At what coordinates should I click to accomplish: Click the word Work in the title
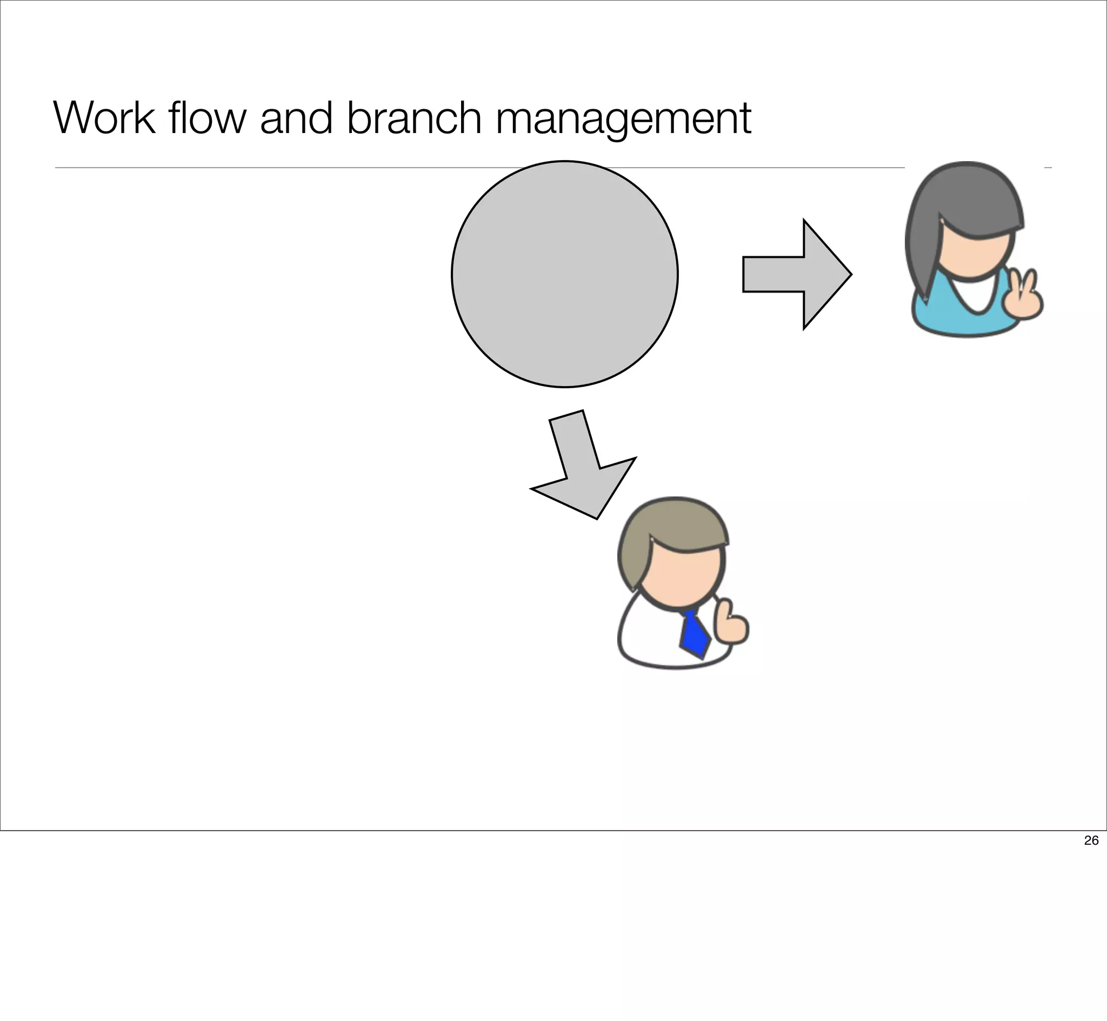[x=104, y=118]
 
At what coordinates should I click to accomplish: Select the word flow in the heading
[x=208, y=118]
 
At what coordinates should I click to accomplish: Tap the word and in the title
[x=296, y=118]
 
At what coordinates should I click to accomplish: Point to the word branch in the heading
[x=414, y=118]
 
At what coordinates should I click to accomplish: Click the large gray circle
[x=564, y=274]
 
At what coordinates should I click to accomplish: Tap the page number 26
[x=1091, y=840]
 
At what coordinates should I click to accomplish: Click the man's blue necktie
[x=695, y=634]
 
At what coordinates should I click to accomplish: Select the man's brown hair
[x=671, y=525]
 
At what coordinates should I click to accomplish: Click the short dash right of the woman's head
[x=1048, y=168]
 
